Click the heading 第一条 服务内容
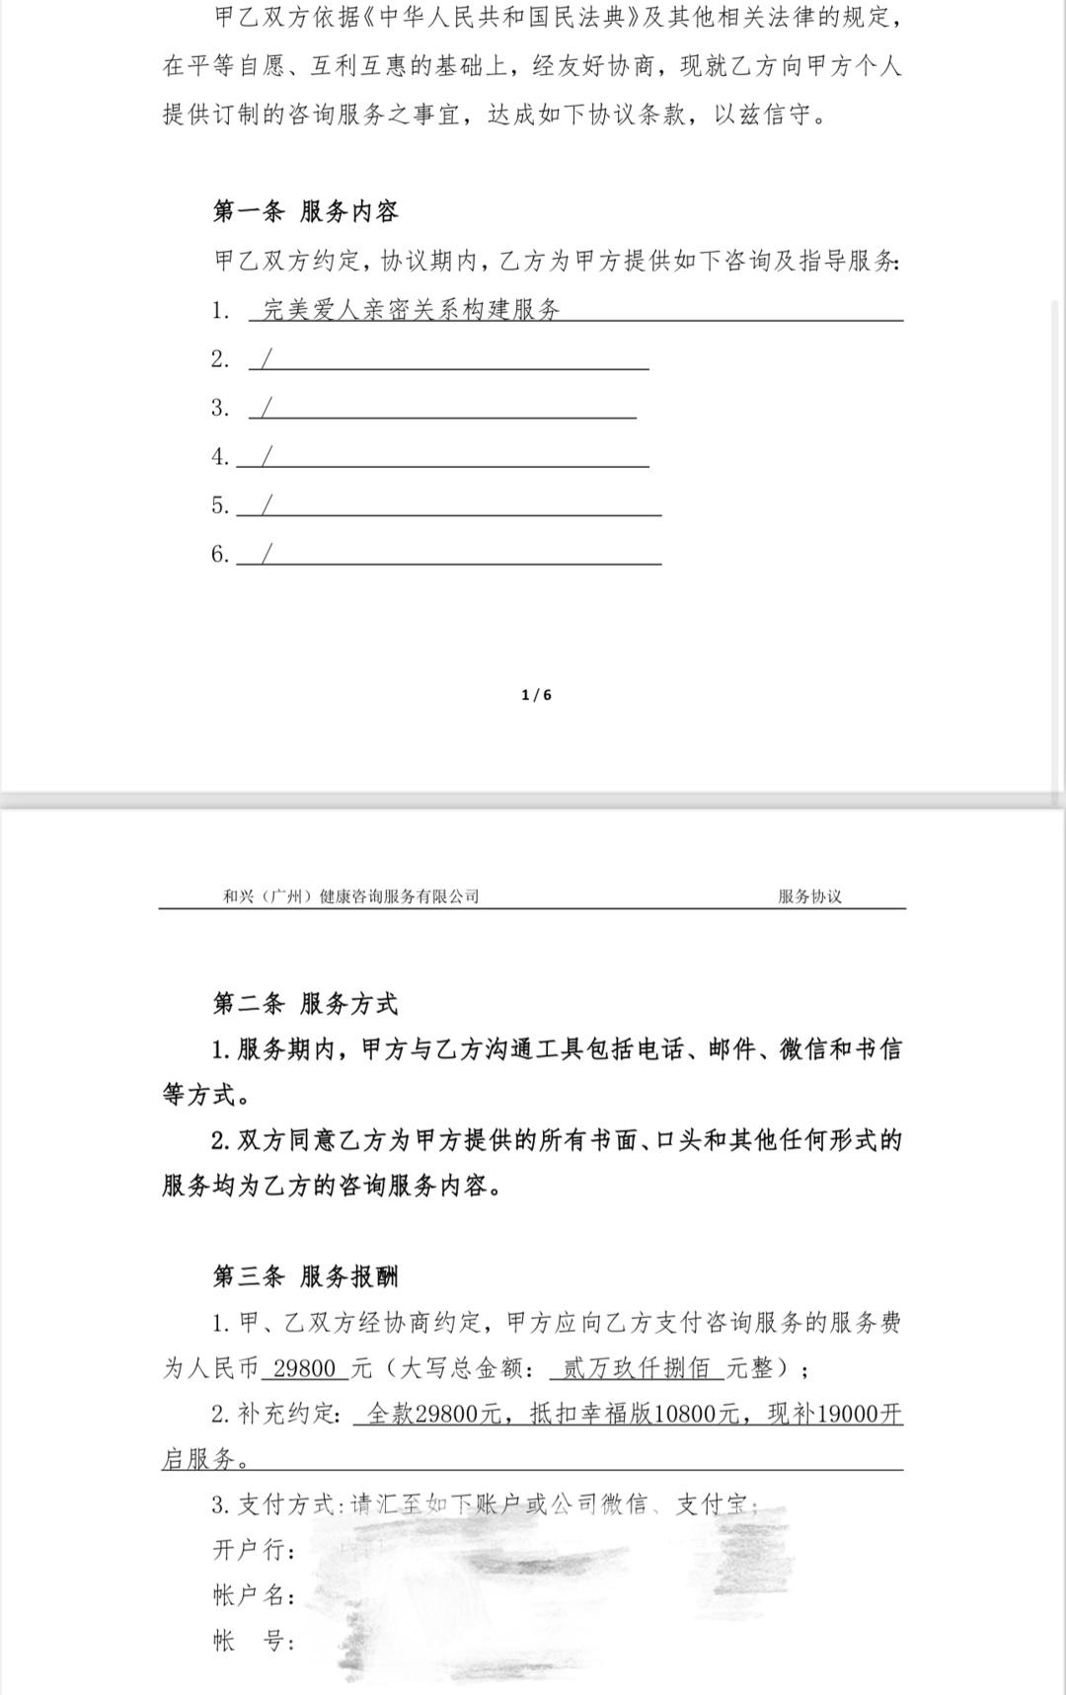pyautogui.click(x=305, y=211)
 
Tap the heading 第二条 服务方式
pyautogui.click(x=305, y=1004)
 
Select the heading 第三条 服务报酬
pyautogui.click(x=305, y=1276)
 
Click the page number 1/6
pyautogui.click(x=536, y=695)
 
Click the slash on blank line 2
pyautogui.click(x=266, y=358)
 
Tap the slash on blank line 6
pyautogui.click(x=266, y=553)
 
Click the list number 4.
pyautogui.click(x=219, y=456)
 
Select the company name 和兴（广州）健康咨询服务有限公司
pyautogui.click(x=350, y=896)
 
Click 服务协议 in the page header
pyautogui.click(x=809, y=896)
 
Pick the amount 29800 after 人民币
pyautogui.click(x=305, y=1368)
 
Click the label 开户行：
pyautogui.click(x=254, y=1550)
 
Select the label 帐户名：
pyautogui.click(x=254, y=1595)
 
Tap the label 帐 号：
pyautogui.click(x=254, y=1641)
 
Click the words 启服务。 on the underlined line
pyautogui.click(x=204, y=1459)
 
